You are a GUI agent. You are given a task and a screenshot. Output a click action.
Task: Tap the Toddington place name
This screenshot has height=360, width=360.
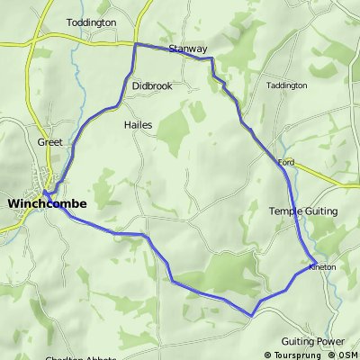coord(92,21)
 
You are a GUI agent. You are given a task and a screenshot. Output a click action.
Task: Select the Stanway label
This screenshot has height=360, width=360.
coord(187,49)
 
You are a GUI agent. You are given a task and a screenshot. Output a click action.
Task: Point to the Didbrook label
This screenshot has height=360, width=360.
coord(151,85)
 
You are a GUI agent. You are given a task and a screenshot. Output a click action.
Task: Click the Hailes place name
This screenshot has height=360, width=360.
coord(138,126)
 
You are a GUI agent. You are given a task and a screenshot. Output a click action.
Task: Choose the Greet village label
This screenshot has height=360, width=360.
coord(49,142)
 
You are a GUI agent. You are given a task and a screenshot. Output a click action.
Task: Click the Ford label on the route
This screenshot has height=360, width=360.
coord(287,162)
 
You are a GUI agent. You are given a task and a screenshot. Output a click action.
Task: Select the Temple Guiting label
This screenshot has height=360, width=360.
coord(303,211)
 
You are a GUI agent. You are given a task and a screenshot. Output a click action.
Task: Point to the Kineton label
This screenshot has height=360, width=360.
coord(322,267)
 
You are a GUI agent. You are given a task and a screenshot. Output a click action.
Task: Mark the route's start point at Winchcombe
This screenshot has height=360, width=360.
coord(44,192)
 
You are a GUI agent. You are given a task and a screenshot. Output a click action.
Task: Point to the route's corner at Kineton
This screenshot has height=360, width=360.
coord(314,264)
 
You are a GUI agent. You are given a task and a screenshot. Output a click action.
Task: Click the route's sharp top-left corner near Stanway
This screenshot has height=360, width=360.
coord(135,44)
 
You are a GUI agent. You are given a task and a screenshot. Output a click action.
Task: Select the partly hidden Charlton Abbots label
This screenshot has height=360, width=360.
coord(79,357)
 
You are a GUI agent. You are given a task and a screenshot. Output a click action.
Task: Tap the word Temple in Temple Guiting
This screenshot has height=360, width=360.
coord(287,211)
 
